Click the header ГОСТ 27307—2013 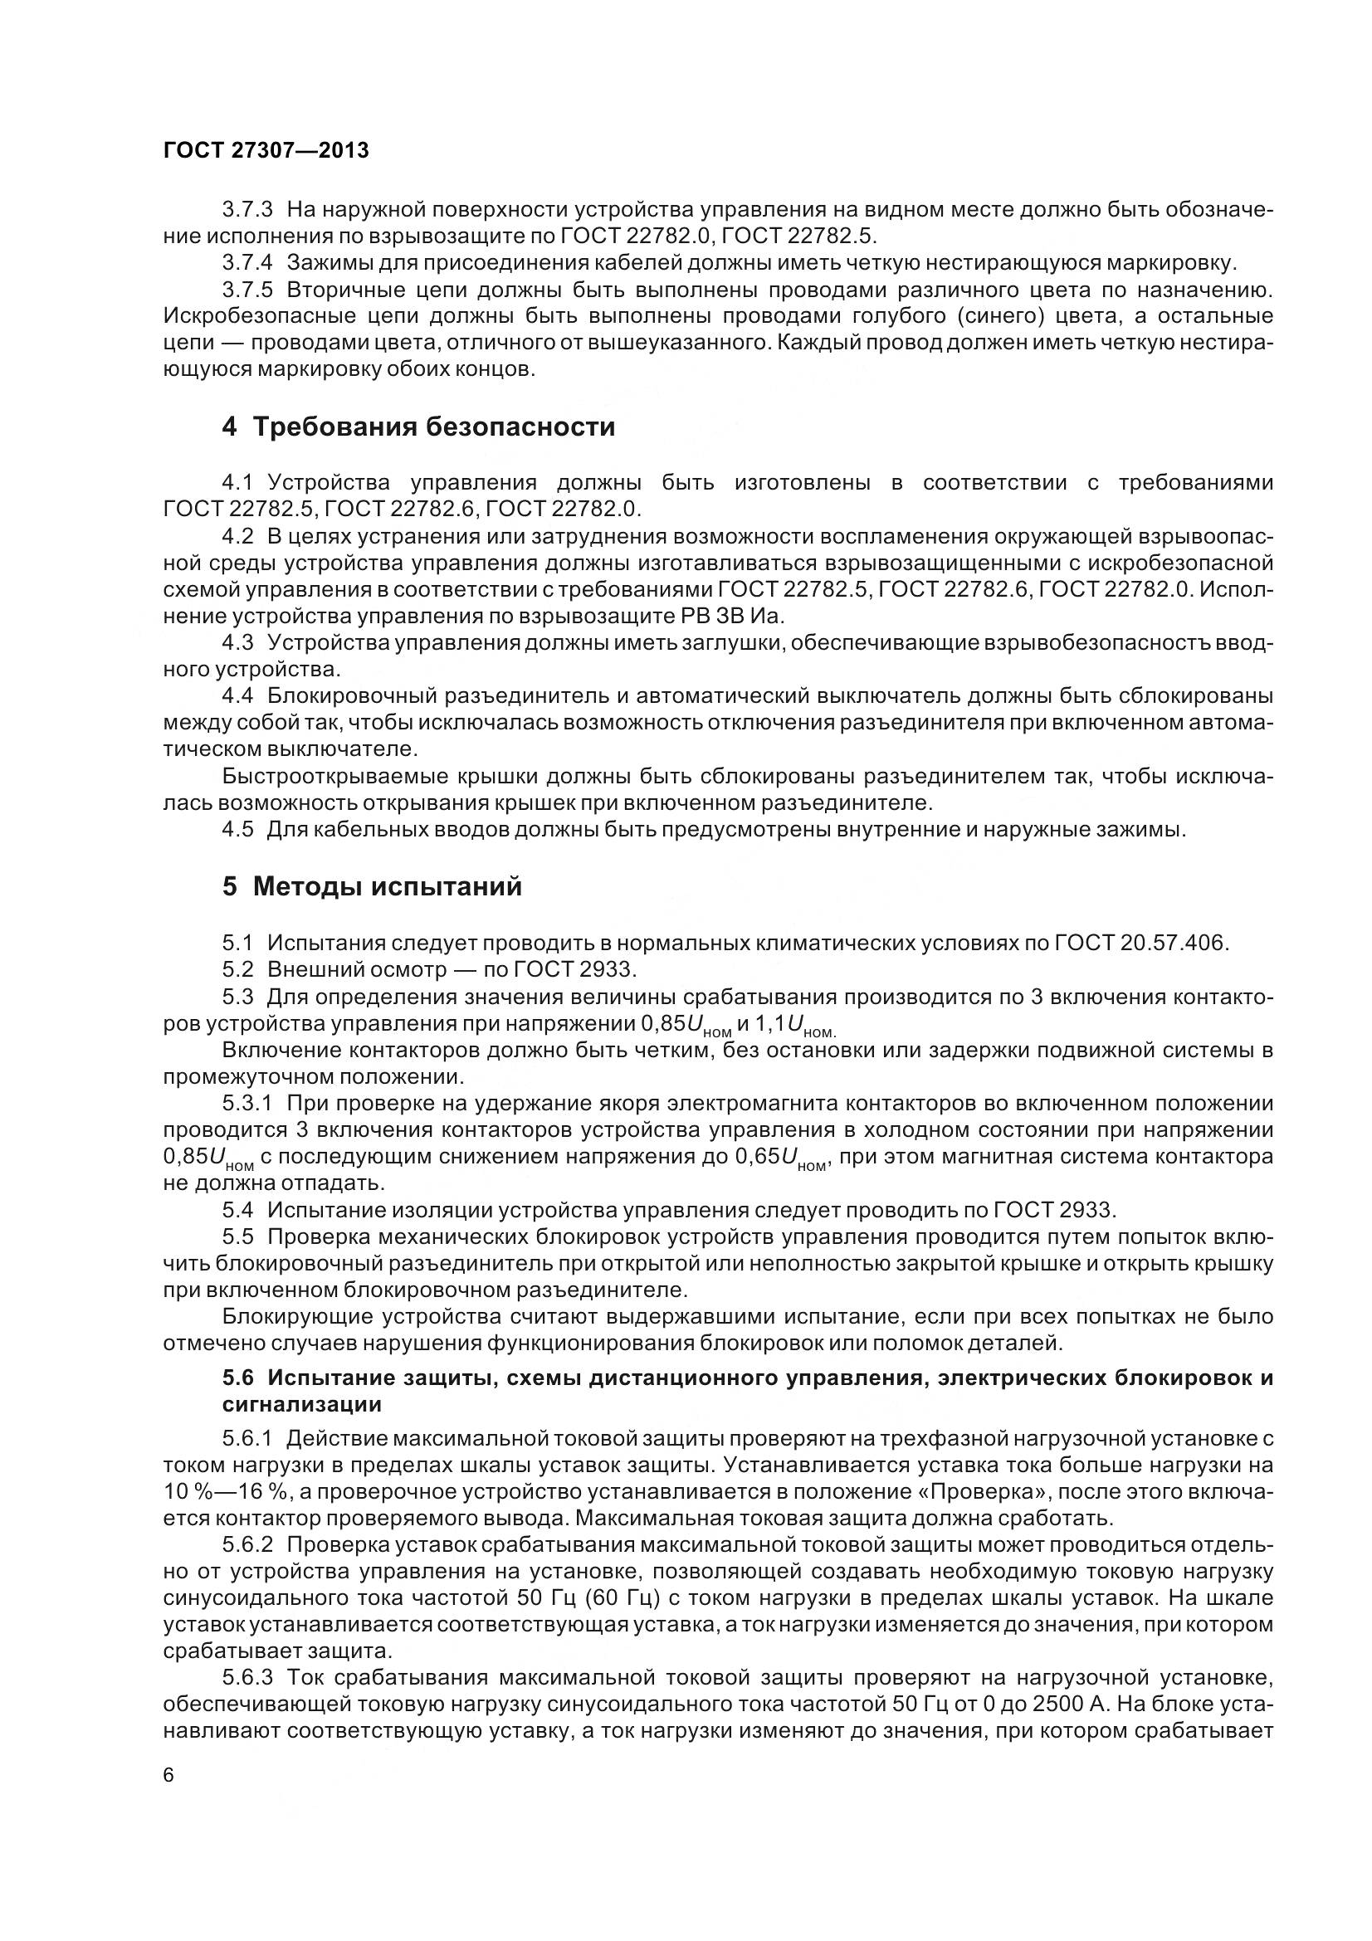266,150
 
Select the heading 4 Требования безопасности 418,427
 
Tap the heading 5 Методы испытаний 372,887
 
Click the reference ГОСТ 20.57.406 1140,943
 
